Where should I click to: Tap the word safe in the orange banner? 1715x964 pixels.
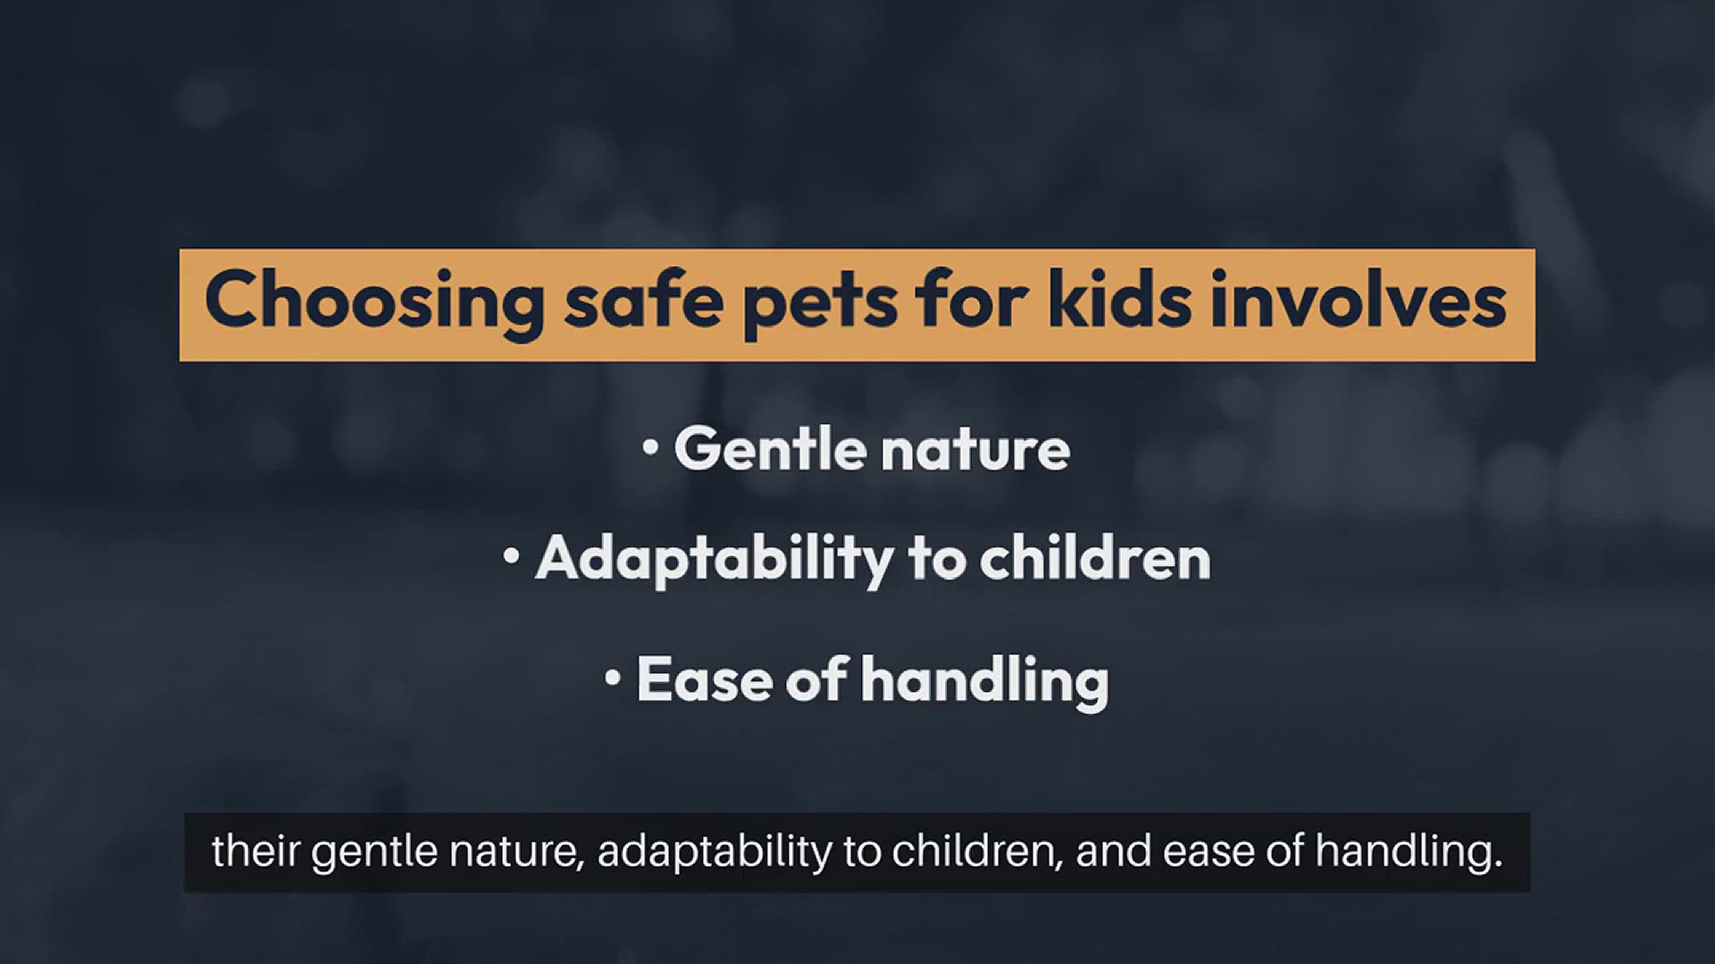643,300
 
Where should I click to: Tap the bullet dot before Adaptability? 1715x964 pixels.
511,556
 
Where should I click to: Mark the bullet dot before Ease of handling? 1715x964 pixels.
612,677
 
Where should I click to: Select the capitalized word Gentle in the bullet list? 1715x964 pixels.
770,447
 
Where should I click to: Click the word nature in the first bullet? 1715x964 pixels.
976,451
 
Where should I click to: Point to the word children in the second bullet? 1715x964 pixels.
1095,558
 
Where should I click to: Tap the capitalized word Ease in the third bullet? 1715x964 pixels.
705,679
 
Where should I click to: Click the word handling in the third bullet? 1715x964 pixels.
984,683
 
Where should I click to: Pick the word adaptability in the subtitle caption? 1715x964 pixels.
715,853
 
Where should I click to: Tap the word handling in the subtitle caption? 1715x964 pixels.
1409,853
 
